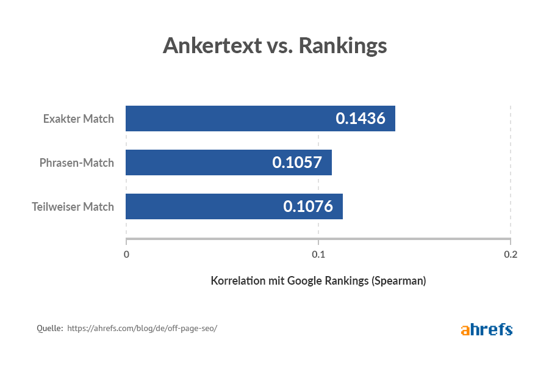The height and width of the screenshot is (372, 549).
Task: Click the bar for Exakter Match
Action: coord(232,119)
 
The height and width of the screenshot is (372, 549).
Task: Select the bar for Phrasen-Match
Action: coord(201,162)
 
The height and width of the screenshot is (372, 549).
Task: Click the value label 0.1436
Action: coord(361,119)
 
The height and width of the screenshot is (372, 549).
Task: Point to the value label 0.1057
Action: coord(297,162)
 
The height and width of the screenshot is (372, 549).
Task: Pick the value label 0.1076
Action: coord(308,206)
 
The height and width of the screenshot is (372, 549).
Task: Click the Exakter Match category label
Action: coord(78,119)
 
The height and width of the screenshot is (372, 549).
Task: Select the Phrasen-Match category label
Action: coord(76,162)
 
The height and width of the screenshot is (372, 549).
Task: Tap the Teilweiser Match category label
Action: coord(73,206)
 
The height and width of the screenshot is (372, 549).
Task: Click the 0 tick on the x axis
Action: coord(126,254)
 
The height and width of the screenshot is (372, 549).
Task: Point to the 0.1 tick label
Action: coord(318,254)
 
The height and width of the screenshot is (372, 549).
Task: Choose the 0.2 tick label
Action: coord(510,254)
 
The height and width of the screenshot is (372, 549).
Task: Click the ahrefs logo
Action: coord(486,329)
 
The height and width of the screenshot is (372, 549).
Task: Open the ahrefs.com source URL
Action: coord(142,328)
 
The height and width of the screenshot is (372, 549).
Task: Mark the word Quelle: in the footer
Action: coord(50,328)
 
